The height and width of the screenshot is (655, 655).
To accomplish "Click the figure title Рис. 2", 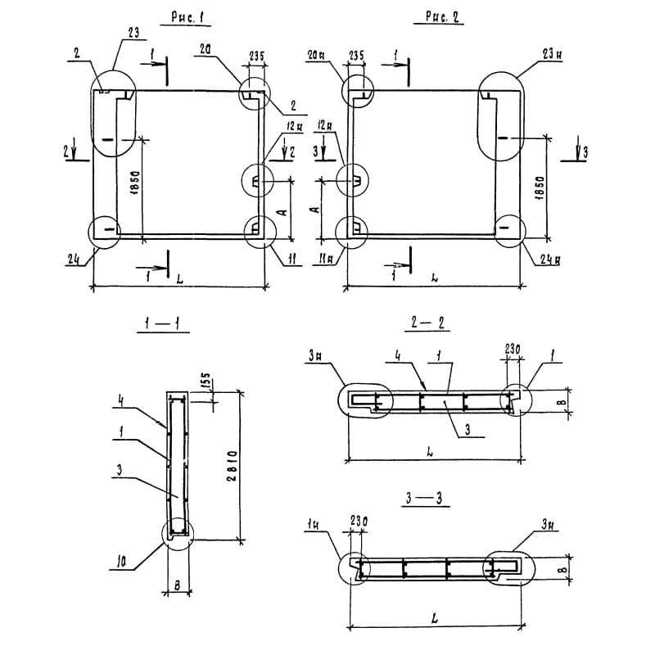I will click(x=443, y=17).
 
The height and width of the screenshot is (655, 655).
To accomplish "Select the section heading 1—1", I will click(x=163, y=326).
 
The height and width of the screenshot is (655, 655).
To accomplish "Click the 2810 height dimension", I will click(x=233, y=467).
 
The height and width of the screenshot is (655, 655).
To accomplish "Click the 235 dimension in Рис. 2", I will click(x=356, y=55).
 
